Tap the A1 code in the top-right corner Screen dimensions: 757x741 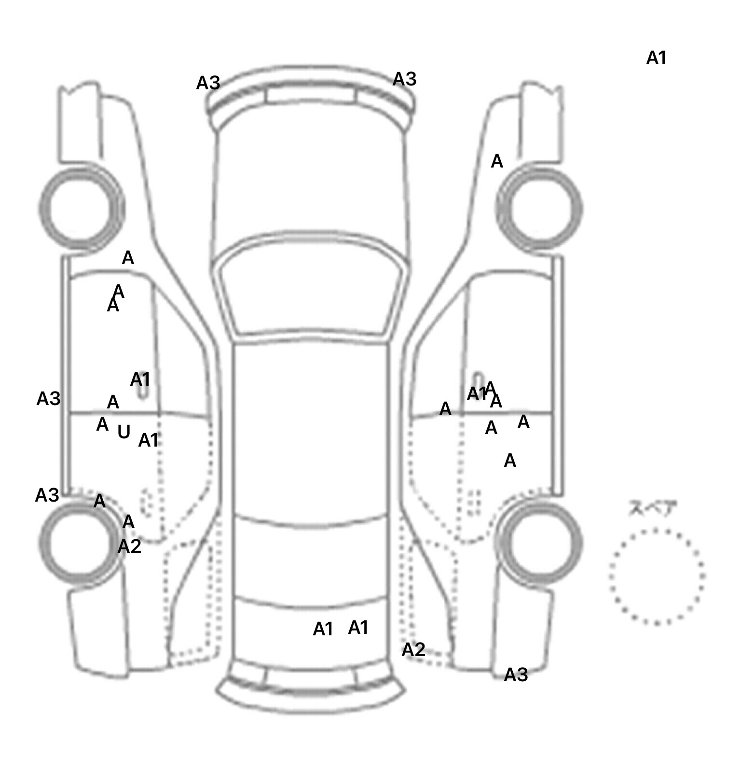656,58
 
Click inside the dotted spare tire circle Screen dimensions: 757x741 657,576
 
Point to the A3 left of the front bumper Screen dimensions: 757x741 208,84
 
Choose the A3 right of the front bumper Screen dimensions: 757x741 404,79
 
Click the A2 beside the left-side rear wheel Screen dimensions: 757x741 129,547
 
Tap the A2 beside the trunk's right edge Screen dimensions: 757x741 413,650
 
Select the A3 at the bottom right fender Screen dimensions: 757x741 516,674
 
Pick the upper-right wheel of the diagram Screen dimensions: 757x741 539,209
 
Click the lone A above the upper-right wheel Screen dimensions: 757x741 497,161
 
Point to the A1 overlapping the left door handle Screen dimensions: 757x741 140,380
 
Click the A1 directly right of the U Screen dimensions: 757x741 149,440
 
